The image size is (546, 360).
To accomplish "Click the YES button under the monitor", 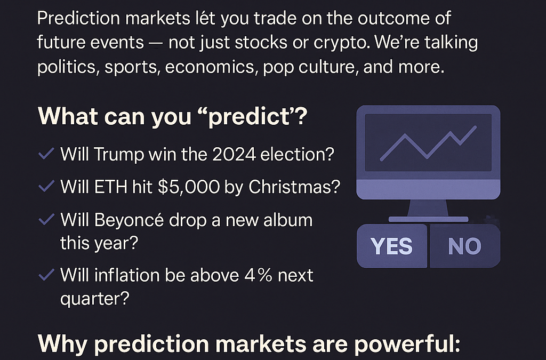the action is pos(392,246).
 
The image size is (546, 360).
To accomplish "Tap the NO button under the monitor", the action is pos(465,246).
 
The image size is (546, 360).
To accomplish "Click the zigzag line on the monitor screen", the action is pos(428,143).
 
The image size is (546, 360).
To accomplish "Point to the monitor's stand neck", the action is pos(428,208).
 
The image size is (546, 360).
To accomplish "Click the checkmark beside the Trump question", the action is pos(46,154).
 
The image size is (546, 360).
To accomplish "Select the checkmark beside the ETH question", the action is pos(46,186).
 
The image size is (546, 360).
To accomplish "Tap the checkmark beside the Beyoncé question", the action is pos(46,219).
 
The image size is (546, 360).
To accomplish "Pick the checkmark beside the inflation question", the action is pos(46,274).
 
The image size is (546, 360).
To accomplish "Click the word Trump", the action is pos(119,155).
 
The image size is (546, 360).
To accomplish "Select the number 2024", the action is pos(234,154).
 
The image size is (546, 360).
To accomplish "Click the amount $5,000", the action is pos(189,187).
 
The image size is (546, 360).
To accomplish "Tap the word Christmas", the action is pos(294,187).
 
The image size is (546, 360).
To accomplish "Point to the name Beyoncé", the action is pos(129,220).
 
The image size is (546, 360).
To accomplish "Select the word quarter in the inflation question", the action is pos(94,299).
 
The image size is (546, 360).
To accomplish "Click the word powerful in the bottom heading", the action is pos(407,344).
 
